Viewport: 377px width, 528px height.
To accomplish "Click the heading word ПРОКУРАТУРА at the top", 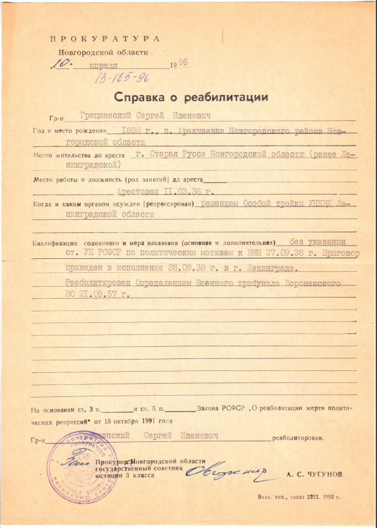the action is pos(105,39).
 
